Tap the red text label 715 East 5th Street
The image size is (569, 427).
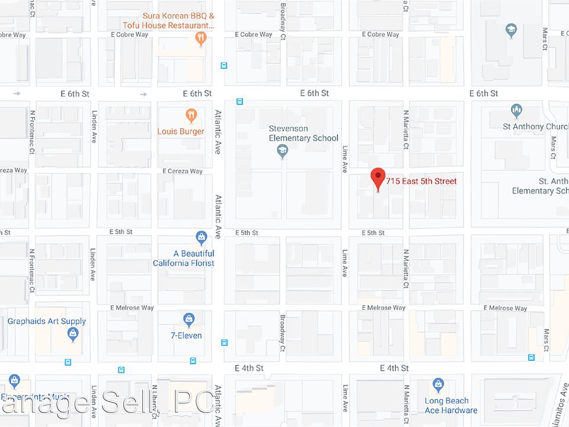click(x=421, y=181)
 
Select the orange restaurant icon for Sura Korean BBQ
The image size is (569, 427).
click(x=202, y=39)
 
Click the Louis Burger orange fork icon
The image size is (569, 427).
click(x=190, y=114)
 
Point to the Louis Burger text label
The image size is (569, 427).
click(x=181, y=132)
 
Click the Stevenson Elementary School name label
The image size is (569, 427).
click(x=303, y=133)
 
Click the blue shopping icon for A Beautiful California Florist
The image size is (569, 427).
click(x=201, y=238)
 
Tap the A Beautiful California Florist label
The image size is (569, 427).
click(x=184, y=258)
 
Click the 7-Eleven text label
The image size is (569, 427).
click(x=186, y=336)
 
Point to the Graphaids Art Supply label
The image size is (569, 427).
click(x=47, y=321)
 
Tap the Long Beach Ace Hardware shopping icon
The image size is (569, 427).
click(x=438, y=385)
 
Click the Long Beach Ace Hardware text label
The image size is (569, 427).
click(x=451, y=406)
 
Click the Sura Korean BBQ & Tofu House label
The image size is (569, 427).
click(x=169, y=21)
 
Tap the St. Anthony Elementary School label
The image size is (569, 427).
click(x=539, y=186)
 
